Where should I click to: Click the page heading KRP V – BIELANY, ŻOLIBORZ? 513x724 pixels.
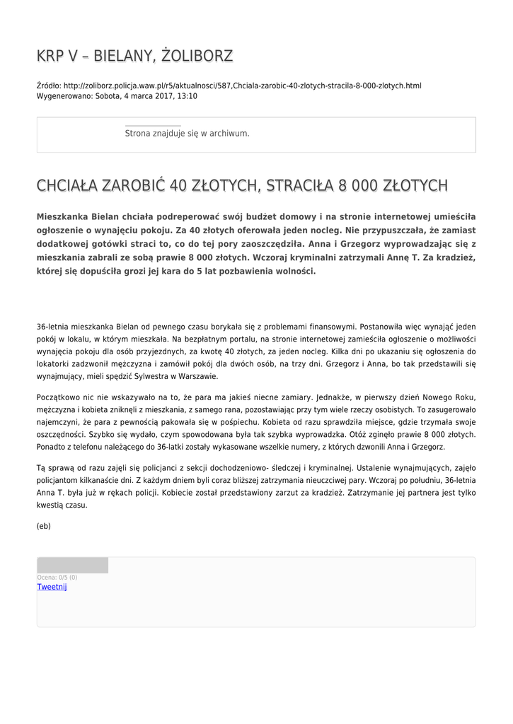(134, 56)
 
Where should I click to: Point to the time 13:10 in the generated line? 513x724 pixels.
(188, 96)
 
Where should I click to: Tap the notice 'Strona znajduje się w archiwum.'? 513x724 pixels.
(187, 133)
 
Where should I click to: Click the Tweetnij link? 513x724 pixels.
(52, 587)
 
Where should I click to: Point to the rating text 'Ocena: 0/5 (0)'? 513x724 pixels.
(57, 578)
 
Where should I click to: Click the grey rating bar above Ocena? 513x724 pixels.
(72, 565)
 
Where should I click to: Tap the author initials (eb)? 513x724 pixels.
(44, 526)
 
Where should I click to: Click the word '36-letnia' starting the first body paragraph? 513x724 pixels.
(52, 327)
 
